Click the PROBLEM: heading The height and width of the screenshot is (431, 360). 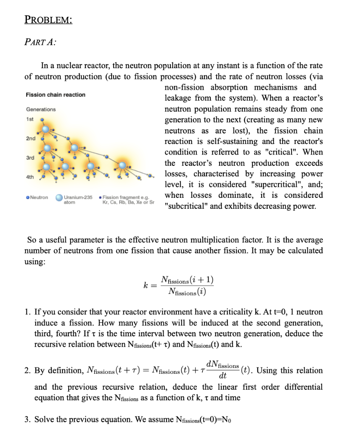(48, 20)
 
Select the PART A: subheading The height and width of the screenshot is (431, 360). (41, 42)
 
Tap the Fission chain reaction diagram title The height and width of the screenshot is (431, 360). (56, 95)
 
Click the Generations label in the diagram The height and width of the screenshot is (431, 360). (40, 109)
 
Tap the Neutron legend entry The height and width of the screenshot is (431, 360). (37, 197)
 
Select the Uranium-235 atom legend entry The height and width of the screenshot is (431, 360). (75, 199)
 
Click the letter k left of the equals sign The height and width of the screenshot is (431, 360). (146, 286)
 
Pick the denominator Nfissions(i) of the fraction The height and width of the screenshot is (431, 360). (187, 291)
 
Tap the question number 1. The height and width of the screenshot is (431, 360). (27, 312)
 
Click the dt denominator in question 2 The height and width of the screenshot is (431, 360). (222, 375)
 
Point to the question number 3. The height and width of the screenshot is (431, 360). (27, 419)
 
